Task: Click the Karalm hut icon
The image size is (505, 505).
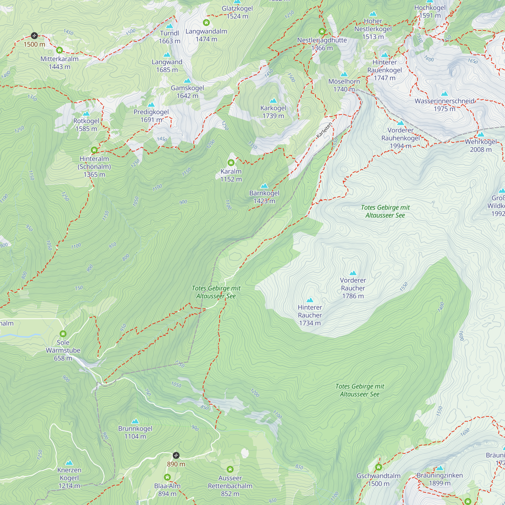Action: coord(231,163)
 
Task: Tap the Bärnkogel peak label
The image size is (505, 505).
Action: coord(264,197)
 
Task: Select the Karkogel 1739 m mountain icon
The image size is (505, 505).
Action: coord(273,101)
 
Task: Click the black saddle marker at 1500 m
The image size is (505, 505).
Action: coord(34,36)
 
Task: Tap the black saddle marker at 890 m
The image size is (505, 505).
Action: coord(176,456)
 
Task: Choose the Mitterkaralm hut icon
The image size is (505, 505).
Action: coord(59,50)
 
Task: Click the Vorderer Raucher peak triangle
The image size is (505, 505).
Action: coord(353,273)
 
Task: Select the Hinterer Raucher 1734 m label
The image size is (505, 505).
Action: coord(310,315)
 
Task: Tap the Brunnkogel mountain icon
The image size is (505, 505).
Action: coord(135,421)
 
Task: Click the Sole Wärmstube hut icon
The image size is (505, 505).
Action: coord(63,334)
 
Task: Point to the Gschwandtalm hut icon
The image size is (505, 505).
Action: coord(378,467)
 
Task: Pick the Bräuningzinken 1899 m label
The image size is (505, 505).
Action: coord(440,479)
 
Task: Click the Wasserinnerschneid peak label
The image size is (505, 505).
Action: coord(444,105)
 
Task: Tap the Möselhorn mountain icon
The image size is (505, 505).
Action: coord(344,74)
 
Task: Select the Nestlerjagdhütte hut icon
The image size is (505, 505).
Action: coord(322,32)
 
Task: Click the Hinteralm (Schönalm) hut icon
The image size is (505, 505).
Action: coord(94,150)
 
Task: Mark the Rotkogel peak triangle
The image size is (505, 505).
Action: coord(86,113)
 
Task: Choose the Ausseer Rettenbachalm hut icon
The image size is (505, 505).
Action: coord(230,469)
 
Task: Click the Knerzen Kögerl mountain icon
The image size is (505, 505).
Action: coord(69,463)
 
